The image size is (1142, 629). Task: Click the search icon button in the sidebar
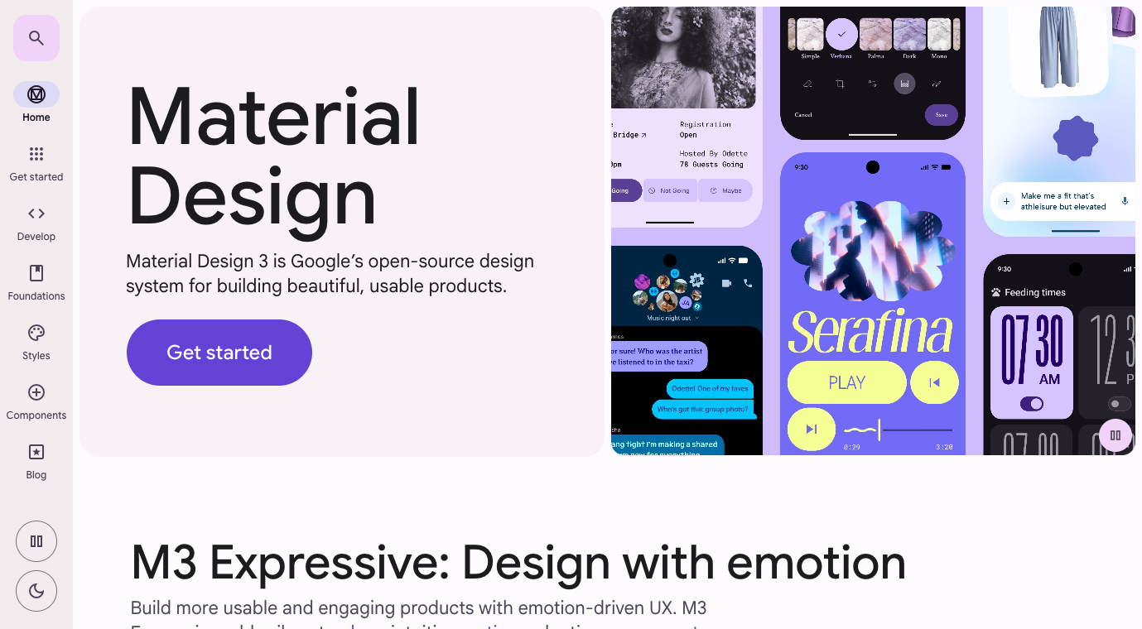point(36,38)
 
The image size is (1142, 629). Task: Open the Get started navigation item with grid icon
point(36,162)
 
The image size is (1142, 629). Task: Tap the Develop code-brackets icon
point(36,222)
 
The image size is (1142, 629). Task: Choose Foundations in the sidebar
point(36,281)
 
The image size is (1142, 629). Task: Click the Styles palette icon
point(36,341)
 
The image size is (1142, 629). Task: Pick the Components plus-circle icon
point(36,401)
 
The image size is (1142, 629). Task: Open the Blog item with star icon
point(36,460)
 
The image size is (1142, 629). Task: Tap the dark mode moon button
point(36,591)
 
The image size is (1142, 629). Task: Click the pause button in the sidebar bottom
point(36,541)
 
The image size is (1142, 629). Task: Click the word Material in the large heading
point(273,117)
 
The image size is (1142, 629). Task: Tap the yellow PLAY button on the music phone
point(846,382)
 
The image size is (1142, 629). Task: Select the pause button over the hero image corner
point(1115,435)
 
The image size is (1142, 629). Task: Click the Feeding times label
point(1034,292)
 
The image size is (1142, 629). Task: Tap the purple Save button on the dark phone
point(941,115)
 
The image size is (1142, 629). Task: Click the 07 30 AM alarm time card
point(1031,362)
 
